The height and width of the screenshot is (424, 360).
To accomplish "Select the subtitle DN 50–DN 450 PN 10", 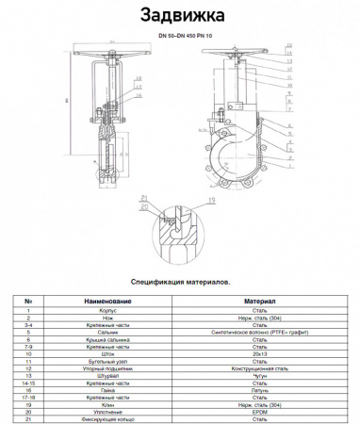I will [x=180, y=36].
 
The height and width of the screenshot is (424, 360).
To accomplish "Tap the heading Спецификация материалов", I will [x=180, y=280].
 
